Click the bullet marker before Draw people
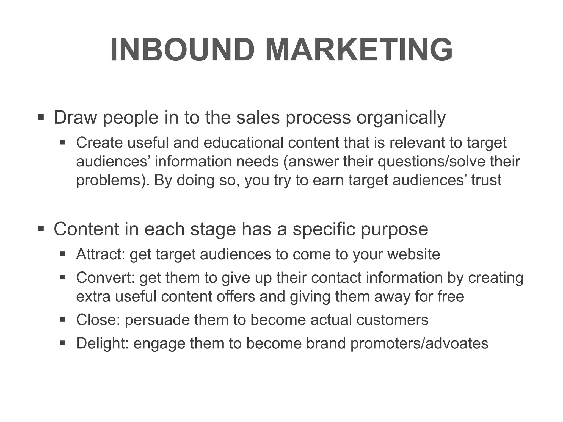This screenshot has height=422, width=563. pyautogui.click(x=41, y=117)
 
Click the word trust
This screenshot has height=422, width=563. pyautogui.click(x=486, y=180)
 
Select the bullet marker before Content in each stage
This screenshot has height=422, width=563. pyautogui.click(x=41, y=229)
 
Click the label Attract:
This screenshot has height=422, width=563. pyautogui.click(x=101, y=254)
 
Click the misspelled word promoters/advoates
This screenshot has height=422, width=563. pyautogui.click(x=419, y=344)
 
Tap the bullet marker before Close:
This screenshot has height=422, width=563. pyautogui.click(x=63, y=320)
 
